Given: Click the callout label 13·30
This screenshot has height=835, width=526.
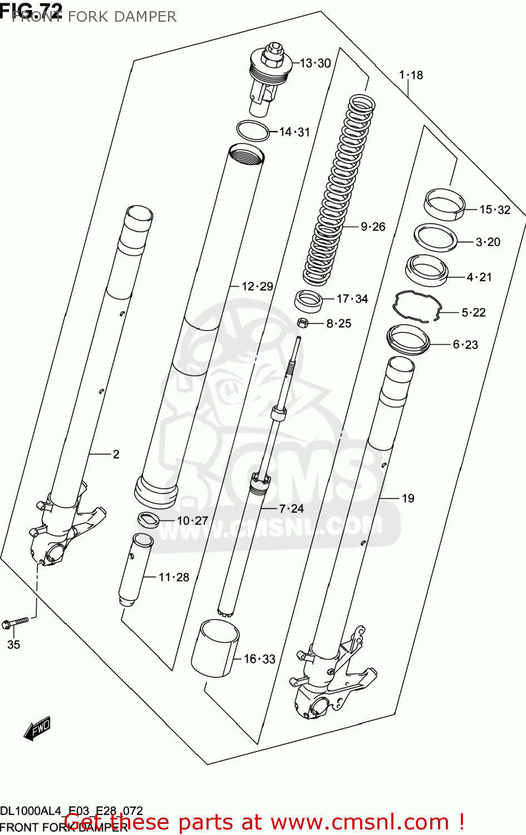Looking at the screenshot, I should pyautogui.click(x=315, y=63).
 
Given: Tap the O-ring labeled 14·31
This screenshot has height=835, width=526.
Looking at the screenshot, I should pyautogui.click(x=253, y=131).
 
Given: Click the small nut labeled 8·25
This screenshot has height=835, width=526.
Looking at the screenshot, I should pyautogui.click(x=303, y=322).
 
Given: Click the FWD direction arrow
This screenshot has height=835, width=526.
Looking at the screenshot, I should pyautogui.click(x=37, y=728).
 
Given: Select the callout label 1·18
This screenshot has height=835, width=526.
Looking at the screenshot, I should pyautogui.click(x=411, y=75).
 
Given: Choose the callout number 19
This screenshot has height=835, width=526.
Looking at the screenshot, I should pyautogui.click(x=408, y=498).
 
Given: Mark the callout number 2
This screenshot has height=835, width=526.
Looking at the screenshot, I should pyautogui.click(x=116, y=454).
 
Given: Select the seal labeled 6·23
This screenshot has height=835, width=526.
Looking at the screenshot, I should pyautogui.click(x=409, y=340).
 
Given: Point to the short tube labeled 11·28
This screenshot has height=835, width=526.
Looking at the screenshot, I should pyautogui.click(x=135, y=569).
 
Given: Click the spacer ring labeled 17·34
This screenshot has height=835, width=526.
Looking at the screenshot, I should pyautogui.click(x=309, y=301).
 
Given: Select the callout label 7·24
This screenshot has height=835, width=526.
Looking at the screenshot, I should pyautogui.click(x=291, y=508).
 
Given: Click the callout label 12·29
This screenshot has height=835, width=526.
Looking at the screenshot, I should pyautogui.click(x=257, y=286).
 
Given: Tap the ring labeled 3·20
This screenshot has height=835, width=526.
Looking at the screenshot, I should pyautogui.click(x=436, y=238).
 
